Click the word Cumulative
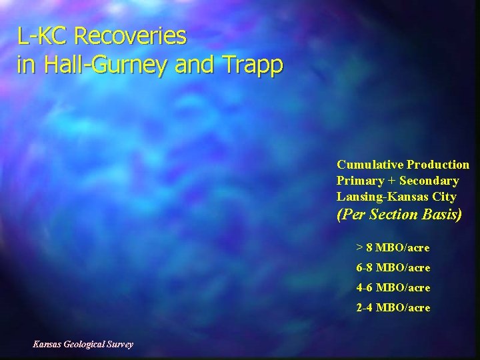(x=370, y=165)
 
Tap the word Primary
(x=361, y=181)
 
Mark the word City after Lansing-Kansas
(x=444, y=197)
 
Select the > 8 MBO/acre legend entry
(x=393, y=248)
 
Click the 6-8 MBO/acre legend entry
(x=393, y=268)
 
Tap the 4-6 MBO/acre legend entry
(x=393, y=288)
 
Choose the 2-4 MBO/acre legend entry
(x=393, y=308)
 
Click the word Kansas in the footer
(x=47, y=344)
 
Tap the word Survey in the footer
(x=120, y=344)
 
